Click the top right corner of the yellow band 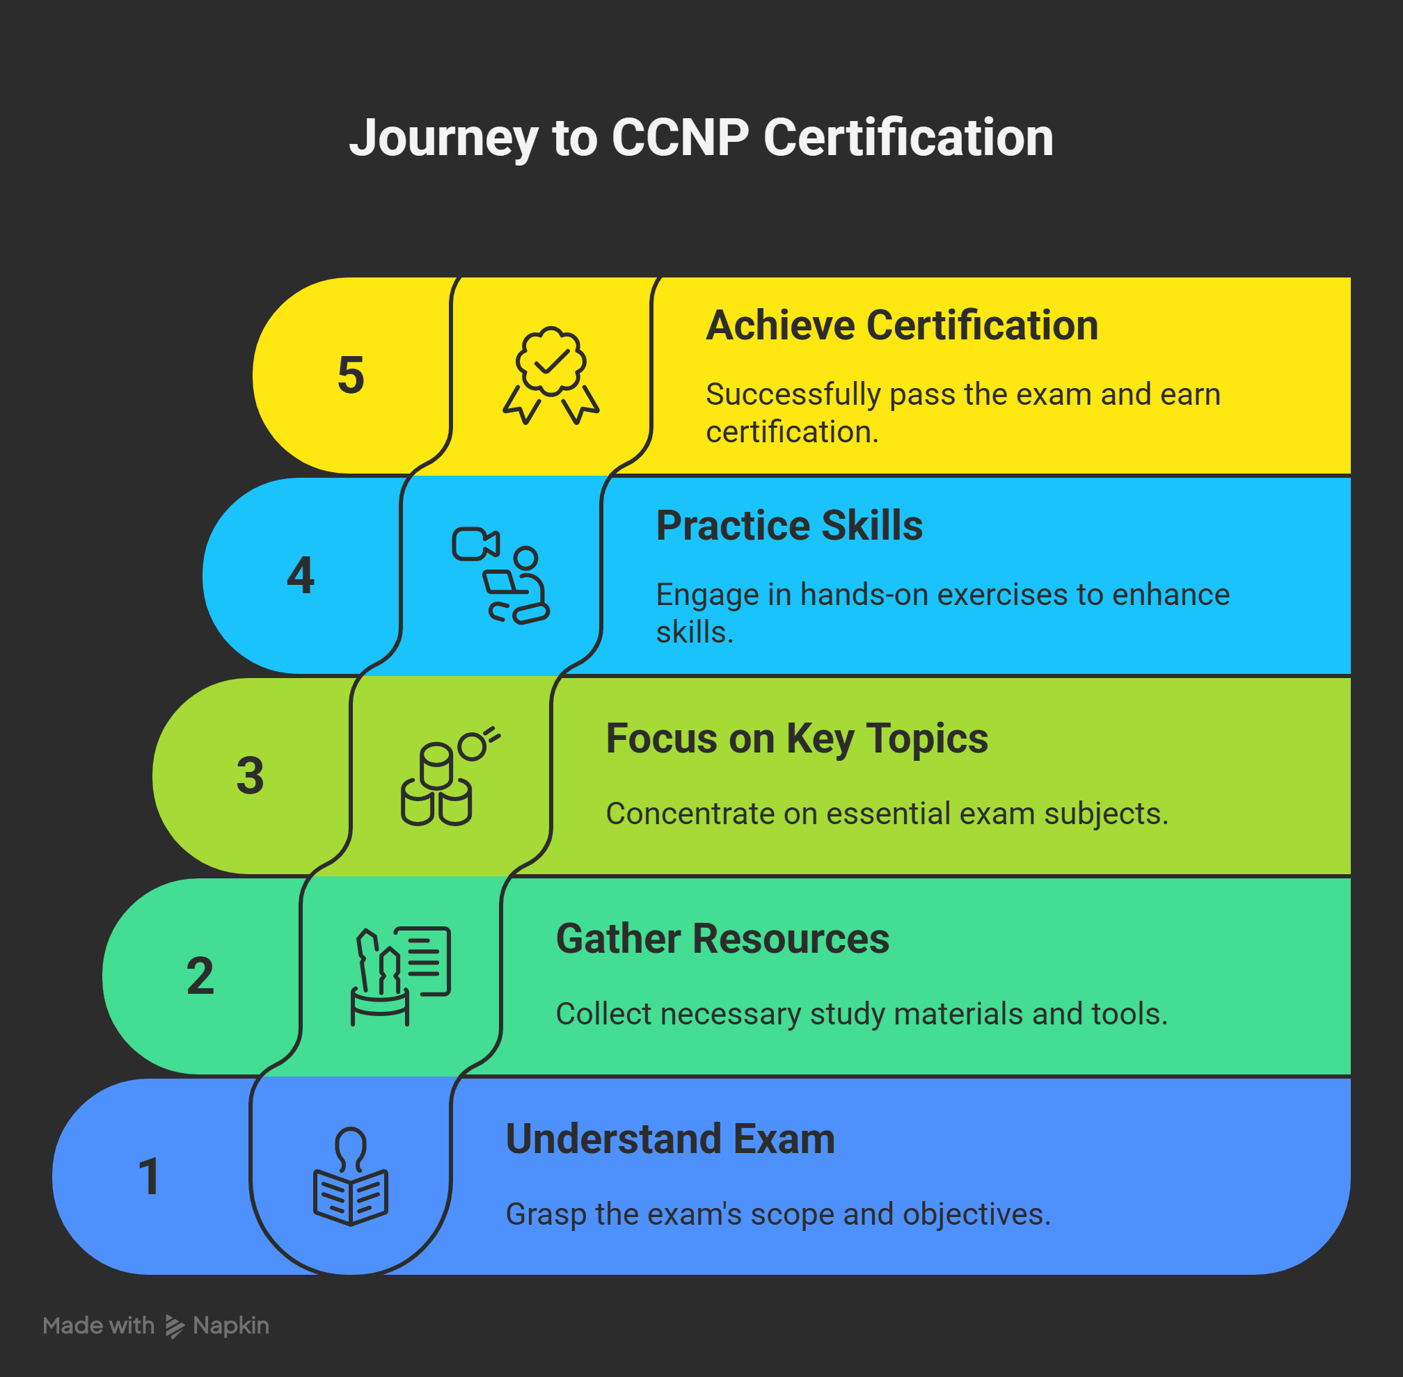tap(1350, 277)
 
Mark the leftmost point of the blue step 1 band tap(53, 1177)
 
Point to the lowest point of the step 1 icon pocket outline tap(351, 1274)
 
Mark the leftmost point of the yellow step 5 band tap(253, 376)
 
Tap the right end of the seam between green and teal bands tap(1350, 876)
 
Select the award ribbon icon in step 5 tap(551, 376)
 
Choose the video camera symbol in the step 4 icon tap(475, 544)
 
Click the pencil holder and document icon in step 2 tap(401, 976)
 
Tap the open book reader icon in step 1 tap(351, 1177)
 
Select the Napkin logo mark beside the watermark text tap(175, 1326)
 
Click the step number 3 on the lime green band tap(251, 776)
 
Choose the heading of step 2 tap(722, 939)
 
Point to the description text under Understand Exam tap(778, 1214)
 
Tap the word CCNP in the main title tap(680, 138)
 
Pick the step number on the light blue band tap(300, 576)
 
